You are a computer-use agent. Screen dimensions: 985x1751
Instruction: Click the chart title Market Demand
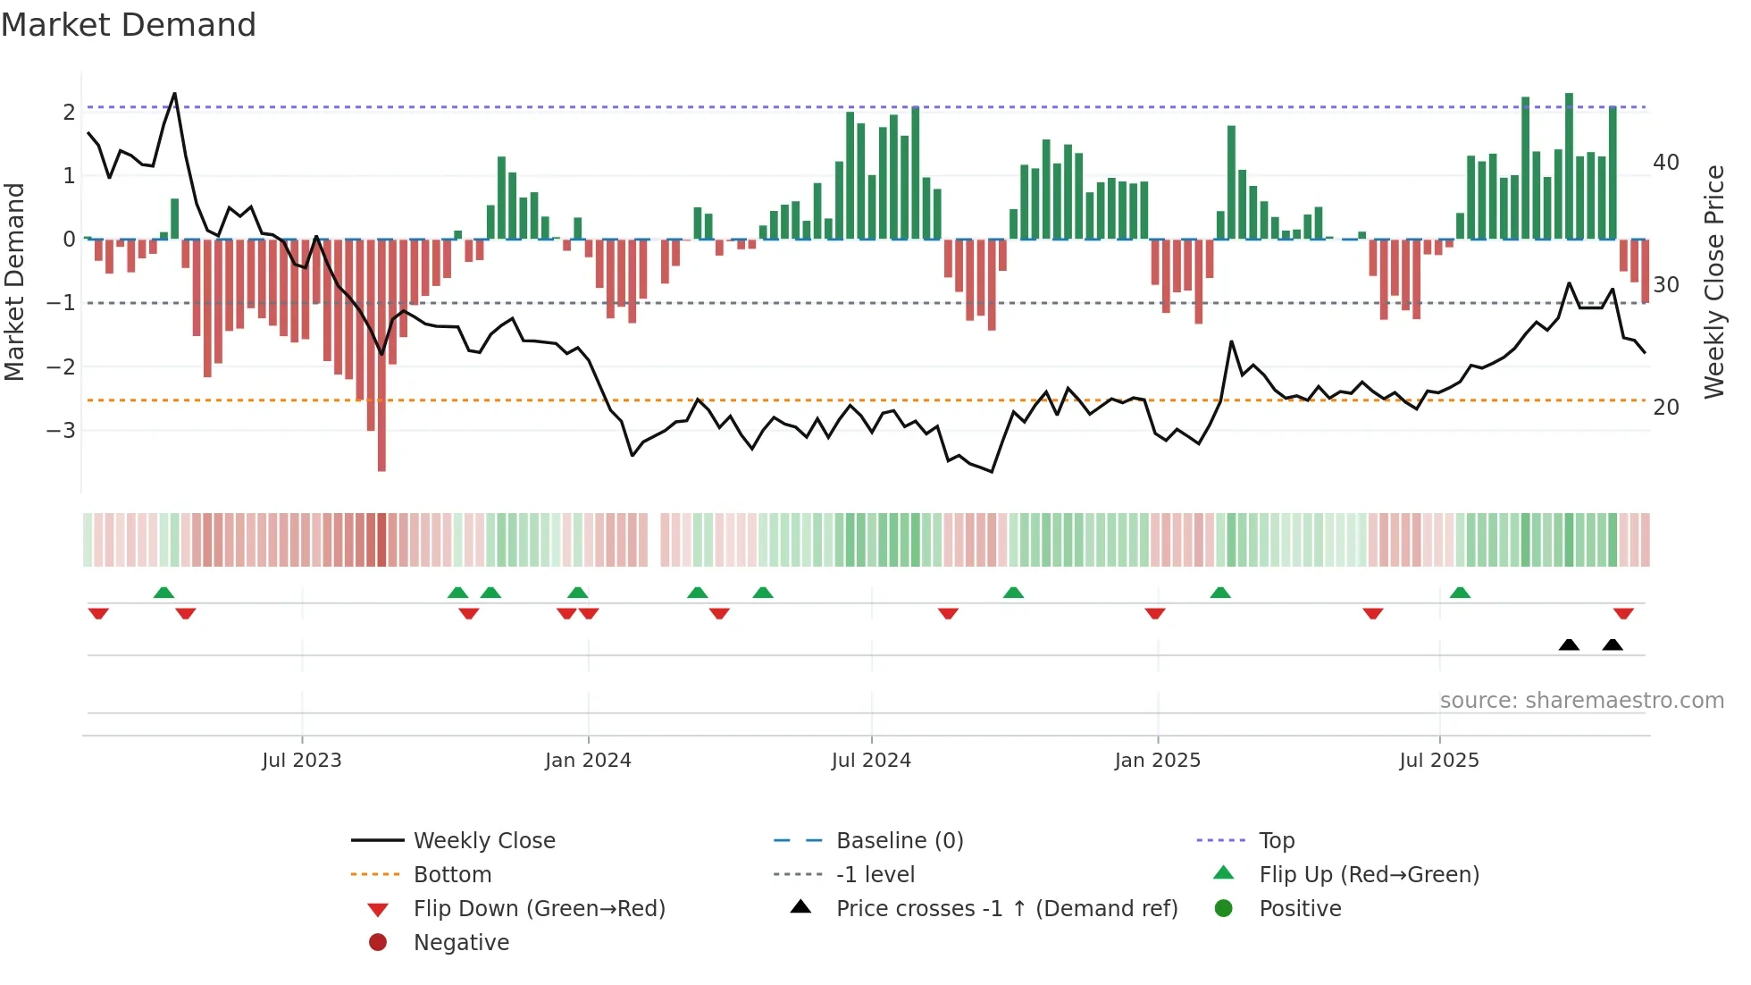129,24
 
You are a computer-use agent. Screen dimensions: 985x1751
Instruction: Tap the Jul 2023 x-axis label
301,761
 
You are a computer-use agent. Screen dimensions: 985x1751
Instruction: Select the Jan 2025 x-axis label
1157,761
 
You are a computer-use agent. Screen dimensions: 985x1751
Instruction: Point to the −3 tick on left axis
62,431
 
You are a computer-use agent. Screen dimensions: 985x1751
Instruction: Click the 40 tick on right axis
1665,163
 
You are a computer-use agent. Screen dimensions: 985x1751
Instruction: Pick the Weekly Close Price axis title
1713,282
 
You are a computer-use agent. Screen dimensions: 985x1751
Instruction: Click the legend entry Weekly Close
483,841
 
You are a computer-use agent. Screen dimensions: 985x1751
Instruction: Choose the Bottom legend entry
452,875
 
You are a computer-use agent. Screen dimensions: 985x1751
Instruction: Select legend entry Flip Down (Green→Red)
539,909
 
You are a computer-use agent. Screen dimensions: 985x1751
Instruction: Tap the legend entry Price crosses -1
1006,909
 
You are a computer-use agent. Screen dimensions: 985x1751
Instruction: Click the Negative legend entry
461,943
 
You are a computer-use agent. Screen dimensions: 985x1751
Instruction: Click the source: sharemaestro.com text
1581,701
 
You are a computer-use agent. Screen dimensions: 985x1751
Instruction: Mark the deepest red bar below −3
381,447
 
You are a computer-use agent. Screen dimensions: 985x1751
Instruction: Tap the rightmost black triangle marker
1613,644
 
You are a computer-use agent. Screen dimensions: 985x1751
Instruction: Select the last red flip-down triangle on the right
1623,613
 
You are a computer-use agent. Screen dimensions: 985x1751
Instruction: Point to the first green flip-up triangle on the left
163,593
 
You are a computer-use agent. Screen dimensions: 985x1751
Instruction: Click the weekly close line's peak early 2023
174,94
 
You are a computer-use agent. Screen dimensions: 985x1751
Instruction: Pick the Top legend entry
1276,841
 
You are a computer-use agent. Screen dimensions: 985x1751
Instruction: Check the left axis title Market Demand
15,282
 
